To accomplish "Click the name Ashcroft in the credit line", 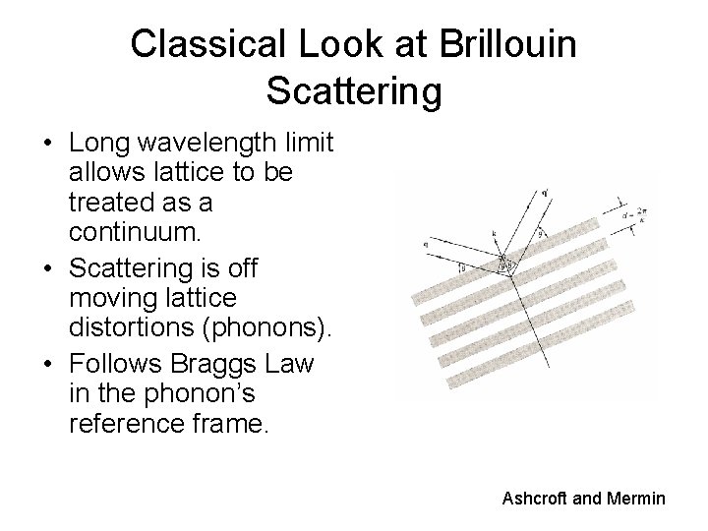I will (535, 500).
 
